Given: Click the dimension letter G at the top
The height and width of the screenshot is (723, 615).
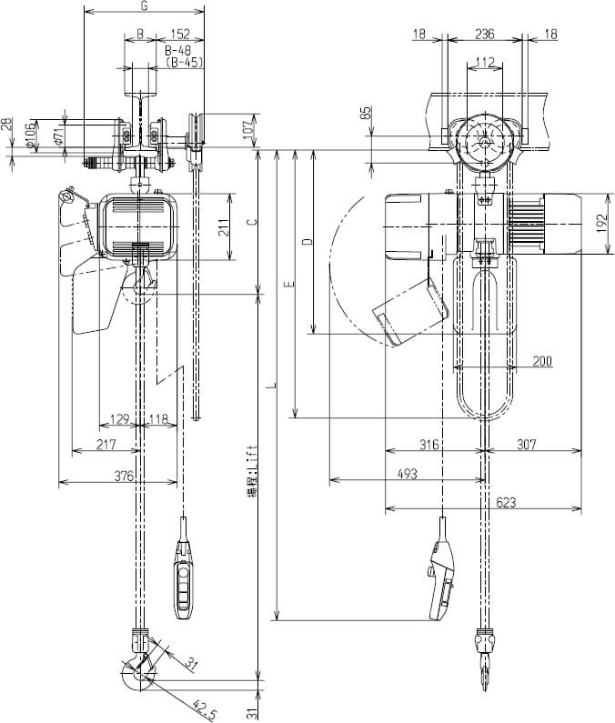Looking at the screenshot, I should point(143,7).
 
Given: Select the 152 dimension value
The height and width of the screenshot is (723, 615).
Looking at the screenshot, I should point(179,35).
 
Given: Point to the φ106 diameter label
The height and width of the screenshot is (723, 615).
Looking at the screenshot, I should point(32,136).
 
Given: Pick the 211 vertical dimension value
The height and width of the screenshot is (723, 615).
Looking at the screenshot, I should point(224,228).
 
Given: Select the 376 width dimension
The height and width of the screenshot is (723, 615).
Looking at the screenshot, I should point(124,476).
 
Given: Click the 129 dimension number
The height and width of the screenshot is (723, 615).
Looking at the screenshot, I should point(119,420).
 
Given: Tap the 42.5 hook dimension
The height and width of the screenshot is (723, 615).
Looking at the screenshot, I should point(203,704).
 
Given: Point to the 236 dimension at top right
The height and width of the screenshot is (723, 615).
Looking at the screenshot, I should point(485,35).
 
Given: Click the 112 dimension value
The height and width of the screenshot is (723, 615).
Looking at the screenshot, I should point(485,62).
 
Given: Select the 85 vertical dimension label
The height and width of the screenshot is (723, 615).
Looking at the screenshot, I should point(366,115).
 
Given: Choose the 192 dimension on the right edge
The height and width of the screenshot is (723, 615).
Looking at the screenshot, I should point(604,223).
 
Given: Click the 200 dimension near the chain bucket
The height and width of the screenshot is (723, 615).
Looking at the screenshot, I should point(542,361).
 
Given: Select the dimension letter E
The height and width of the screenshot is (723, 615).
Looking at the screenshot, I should point(288,286).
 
